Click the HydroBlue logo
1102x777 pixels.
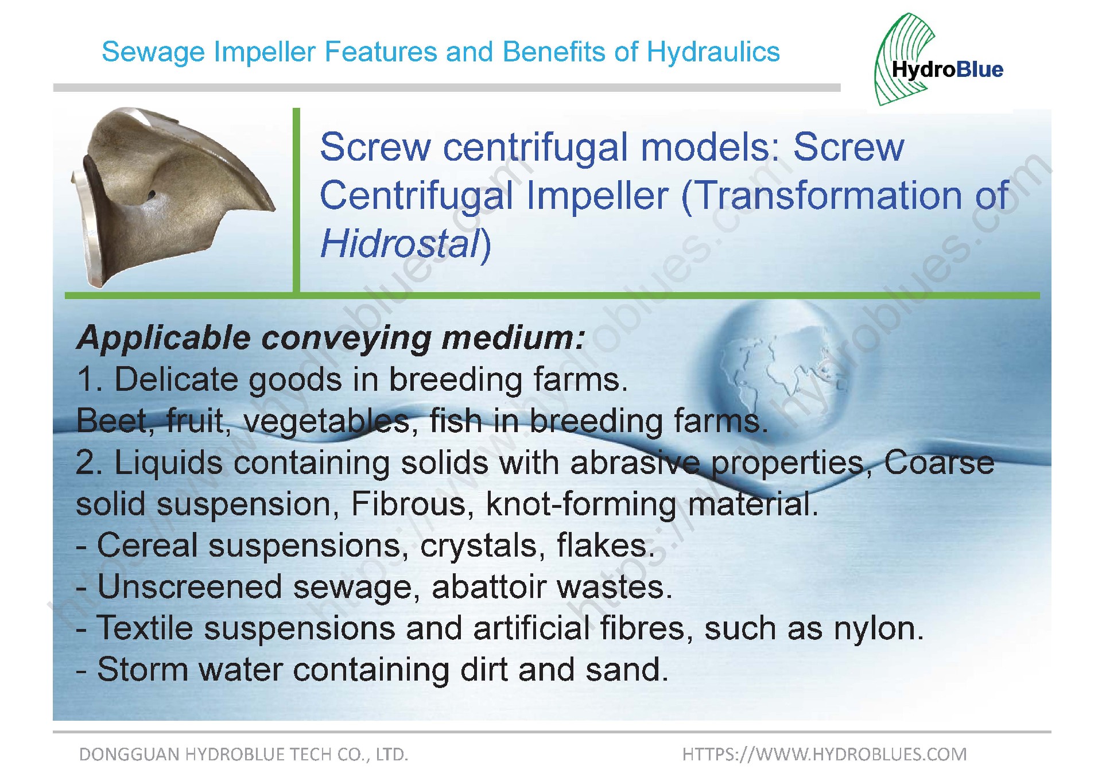939,60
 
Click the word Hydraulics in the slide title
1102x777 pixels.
713,52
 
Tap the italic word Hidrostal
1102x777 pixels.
399,244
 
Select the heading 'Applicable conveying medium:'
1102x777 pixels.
331,338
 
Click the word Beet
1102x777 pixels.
112,421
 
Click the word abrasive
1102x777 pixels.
635,463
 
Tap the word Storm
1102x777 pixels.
142,670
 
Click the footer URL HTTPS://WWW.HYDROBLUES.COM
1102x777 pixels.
824,754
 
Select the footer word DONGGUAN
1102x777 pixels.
130,755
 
